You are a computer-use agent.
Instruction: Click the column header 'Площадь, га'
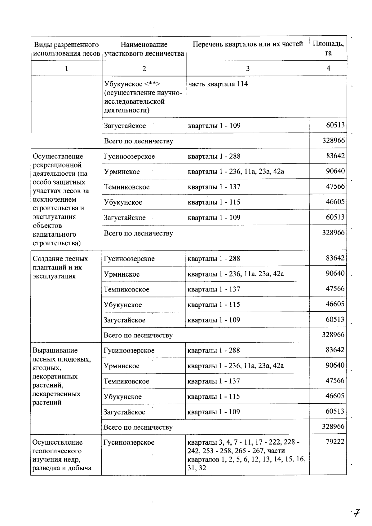328,48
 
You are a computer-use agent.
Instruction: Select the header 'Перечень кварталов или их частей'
247,44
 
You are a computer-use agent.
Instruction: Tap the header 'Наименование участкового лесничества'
144,49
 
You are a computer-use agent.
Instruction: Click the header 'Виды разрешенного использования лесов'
66,49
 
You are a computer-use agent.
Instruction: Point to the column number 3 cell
247,68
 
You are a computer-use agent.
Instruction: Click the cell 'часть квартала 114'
218,84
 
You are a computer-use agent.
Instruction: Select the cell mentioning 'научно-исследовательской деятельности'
143,97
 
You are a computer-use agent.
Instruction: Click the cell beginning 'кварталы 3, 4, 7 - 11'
246,455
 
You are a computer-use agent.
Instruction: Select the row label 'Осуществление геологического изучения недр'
62,455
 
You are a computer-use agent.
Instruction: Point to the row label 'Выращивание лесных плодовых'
61,376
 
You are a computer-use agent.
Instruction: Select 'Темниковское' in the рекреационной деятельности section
127,187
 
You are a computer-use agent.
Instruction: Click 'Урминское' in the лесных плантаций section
122,274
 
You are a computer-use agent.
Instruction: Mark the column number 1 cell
66,68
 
